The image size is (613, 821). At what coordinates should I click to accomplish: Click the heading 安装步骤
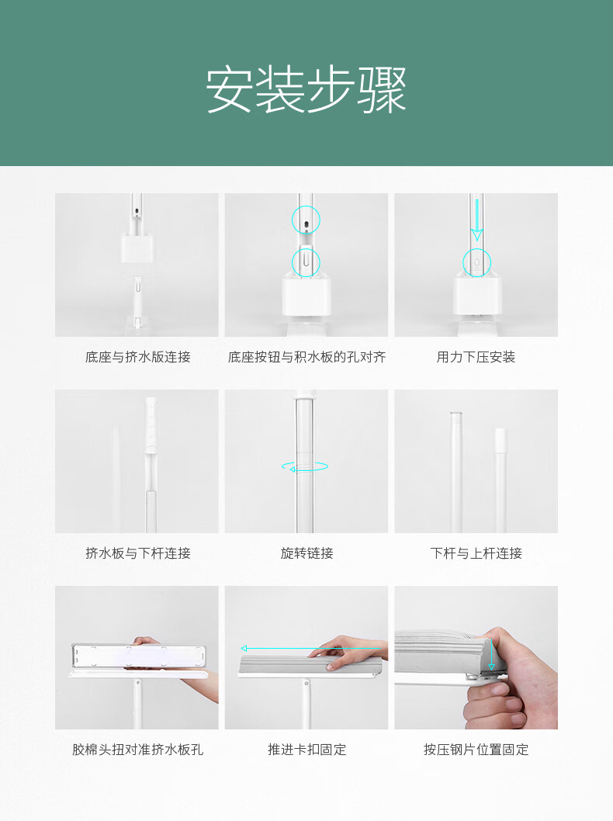click(306, 89)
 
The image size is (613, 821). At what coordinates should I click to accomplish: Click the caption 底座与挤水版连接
click(137, 357)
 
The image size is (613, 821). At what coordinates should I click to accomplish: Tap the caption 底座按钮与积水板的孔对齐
click(306, 357)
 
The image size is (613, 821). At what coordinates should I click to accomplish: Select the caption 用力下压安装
click(476, 357)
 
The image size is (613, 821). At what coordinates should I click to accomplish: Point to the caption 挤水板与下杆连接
click(137, 553)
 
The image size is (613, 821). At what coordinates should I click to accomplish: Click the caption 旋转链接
click(306, 553)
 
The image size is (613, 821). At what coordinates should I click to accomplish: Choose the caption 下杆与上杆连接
click(476, 553)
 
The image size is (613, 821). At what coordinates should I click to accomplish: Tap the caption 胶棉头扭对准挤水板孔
click(137, 750)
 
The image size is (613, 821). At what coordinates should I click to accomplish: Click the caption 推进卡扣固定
click(306, 750)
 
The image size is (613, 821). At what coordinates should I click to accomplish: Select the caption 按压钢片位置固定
click(476, 750)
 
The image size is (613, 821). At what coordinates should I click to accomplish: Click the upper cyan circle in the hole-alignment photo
click(306, 206)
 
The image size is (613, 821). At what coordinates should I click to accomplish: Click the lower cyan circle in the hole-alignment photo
click(306, 249)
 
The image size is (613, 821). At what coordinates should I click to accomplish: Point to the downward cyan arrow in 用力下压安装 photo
click(476, 220)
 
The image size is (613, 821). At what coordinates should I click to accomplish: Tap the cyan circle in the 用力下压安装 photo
click(476, 249)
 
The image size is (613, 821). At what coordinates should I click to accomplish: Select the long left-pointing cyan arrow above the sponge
click(311, 649)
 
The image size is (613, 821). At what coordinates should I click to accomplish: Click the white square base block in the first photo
click(137, 248)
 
